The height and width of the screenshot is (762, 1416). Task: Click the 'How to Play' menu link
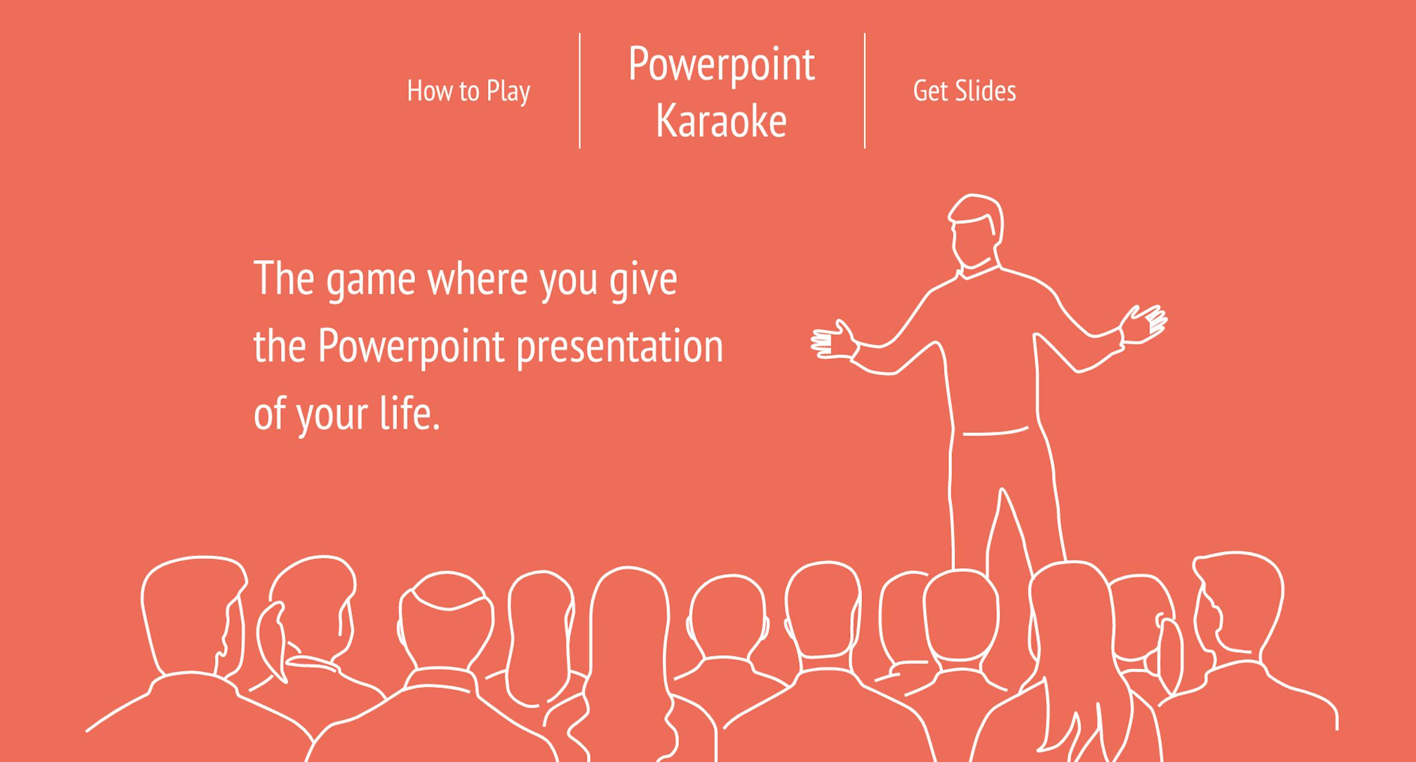pos(469,91)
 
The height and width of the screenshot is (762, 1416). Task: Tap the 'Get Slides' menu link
pos(964,91)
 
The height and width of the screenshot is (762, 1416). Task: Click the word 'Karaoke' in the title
pos(721,121)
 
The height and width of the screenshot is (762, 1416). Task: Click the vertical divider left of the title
pos(579,91)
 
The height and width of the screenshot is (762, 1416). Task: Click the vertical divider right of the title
pos(864,91)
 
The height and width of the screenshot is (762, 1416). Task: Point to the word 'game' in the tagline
pos(370,280)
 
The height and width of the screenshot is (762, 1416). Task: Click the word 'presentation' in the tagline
pos(620,347)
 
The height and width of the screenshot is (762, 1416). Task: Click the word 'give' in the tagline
pos(643,280)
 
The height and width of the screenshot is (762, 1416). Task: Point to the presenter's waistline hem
pos(995,432)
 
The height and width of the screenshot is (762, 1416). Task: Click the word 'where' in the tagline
pos(477,280)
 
